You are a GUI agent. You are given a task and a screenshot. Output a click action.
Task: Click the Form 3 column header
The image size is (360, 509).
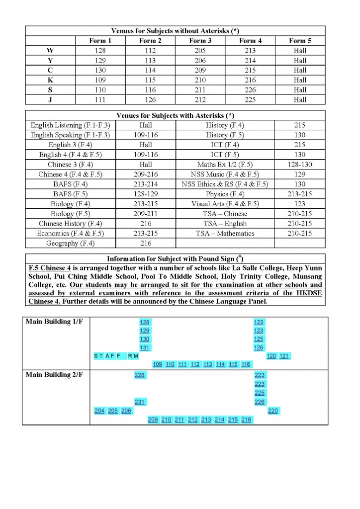(x=200, y=41)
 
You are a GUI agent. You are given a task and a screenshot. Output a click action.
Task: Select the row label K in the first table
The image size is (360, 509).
(x=50, y=80)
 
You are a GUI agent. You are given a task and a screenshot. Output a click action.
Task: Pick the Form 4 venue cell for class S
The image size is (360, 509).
(x=250, y=90)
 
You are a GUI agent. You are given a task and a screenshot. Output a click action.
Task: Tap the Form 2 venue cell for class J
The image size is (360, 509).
(x=150, y=100)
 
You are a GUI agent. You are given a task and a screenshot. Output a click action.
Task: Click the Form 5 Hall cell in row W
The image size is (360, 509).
(x=300, y=51)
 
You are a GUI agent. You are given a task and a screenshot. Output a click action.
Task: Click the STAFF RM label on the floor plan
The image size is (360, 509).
(x=116, y=356)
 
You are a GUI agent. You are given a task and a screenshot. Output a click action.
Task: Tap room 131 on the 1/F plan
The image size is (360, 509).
(x=145, y=347)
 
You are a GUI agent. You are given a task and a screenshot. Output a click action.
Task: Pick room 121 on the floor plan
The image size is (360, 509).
(x=284, y=356)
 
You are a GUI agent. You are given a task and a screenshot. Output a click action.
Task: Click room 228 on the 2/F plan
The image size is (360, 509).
(x=140, y=375)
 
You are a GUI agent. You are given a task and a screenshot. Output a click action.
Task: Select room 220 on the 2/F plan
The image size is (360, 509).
(x=273, y=411)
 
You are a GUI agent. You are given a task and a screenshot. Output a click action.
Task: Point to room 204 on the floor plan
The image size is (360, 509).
(x=99, y=411)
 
